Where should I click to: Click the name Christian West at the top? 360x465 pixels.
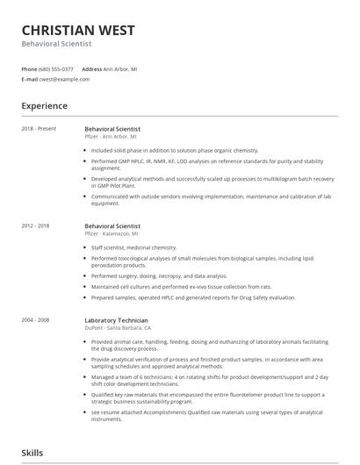coord(78,30)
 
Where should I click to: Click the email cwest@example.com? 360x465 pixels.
coord(64,79)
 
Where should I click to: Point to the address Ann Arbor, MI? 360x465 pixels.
coord(120,68)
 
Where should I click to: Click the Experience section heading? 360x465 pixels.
coord(45,105)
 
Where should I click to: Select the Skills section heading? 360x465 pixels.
coord(33,453)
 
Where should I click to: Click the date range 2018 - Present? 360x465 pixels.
coord(39,129)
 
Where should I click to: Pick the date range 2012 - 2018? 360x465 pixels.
coord(36,226)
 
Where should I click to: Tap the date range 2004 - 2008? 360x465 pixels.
coord(36,320)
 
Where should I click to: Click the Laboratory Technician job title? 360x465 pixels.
coord(117,320)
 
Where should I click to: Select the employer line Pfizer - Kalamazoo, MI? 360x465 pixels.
coord(112,234)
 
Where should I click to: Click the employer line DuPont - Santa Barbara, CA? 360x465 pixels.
coord(120,328)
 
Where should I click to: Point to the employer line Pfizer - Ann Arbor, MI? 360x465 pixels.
coord(111,137)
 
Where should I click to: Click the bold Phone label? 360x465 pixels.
coord(30,68)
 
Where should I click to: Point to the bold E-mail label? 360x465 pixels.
coord(30,79)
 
